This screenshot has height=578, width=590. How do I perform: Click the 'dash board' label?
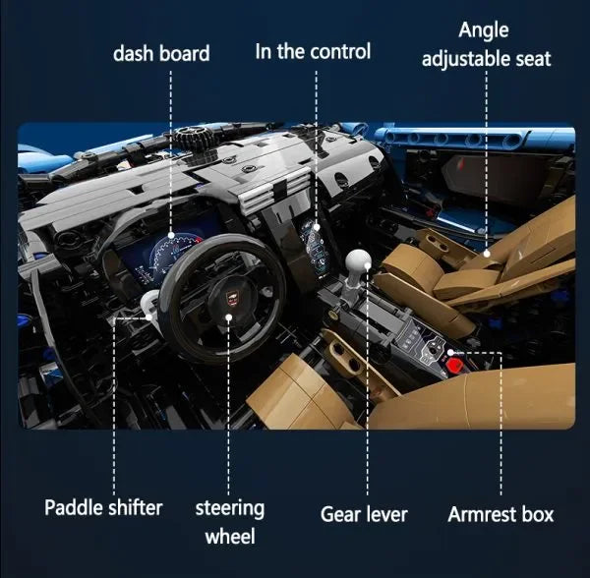161,53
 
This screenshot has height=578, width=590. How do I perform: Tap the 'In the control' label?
313,51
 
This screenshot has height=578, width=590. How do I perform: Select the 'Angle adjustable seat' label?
486,45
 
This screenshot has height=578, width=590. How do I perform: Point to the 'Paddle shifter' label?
103,507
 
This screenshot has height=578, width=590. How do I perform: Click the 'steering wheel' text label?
230,522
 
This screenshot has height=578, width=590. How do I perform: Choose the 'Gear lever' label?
364,514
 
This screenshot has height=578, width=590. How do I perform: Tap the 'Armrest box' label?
501,514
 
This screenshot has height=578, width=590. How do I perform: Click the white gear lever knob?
358,261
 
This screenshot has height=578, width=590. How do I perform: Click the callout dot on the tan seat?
486,254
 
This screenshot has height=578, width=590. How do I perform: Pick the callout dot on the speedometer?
171,235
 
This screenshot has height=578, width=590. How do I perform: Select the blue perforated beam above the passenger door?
474,138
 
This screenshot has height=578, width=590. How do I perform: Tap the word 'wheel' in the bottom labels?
230,536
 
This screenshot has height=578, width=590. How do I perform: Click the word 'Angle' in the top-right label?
484,30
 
